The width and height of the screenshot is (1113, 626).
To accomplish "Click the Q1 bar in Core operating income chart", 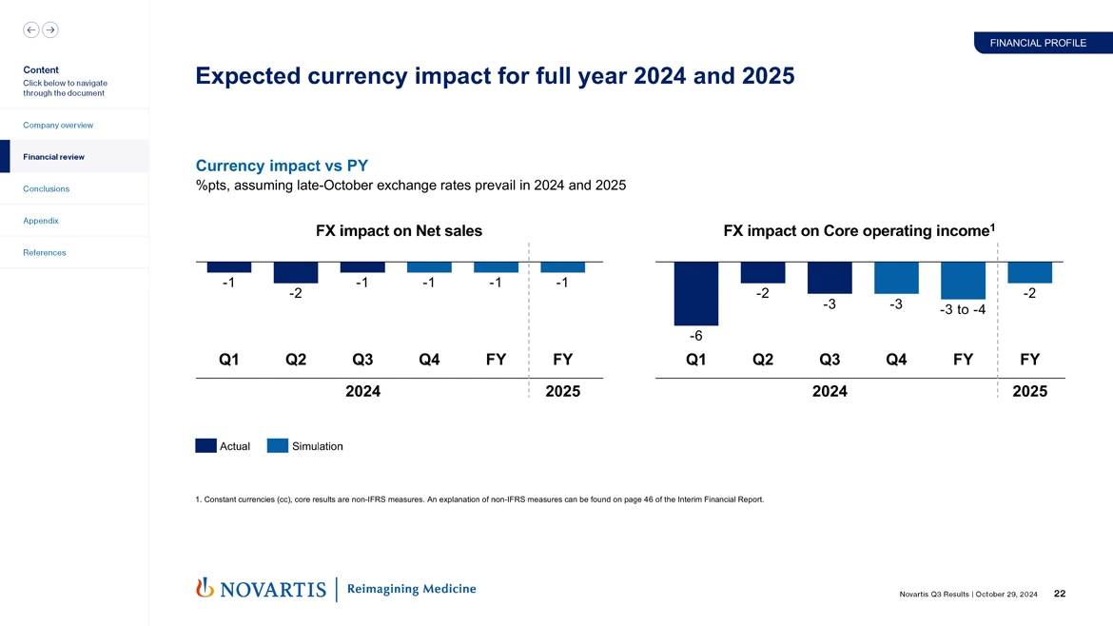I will pos(696,293).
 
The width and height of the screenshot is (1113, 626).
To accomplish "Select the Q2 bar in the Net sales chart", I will pos(296,272).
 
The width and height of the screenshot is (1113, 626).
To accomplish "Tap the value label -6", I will pos(696,336).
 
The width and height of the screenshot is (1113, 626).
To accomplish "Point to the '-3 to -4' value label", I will pos(963,310).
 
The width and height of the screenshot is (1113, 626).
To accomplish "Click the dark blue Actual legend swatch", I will pos(205,445).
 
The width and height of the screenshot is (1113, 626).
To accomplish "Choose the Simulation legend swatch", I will pos(278,445).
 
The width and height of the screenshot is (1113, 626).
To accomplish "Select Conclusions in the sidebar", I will pos(47,188).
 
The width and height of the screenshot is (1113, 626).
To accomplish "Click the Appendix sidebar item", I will pos(42,221).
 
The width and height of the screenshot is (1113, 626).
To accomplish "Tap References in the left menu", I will pos(46,252).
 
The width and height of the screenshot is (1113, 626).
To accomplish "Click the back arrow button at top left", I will pos(31,29).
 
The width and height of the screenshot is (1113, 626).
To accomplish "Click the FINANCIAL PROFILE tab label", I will pos(1038,43).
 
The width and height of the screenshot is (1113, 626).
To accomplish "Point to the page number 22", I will pos(1060,595).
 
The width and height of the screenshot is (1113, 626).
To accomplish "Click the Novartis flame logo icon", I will pos(204,588).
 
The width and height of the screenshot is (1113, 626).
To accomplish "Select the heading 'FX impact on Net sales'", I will pos(399,230).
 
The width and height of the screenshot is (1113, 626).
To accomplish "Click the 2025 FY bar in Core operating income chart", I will pos(1029,272).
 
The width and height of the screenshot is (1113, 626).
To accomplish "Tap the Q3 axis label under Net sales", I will pos(362,360).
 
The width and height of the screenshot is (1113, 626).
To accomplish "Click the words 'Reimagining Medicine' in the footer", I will pos(412,589).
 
